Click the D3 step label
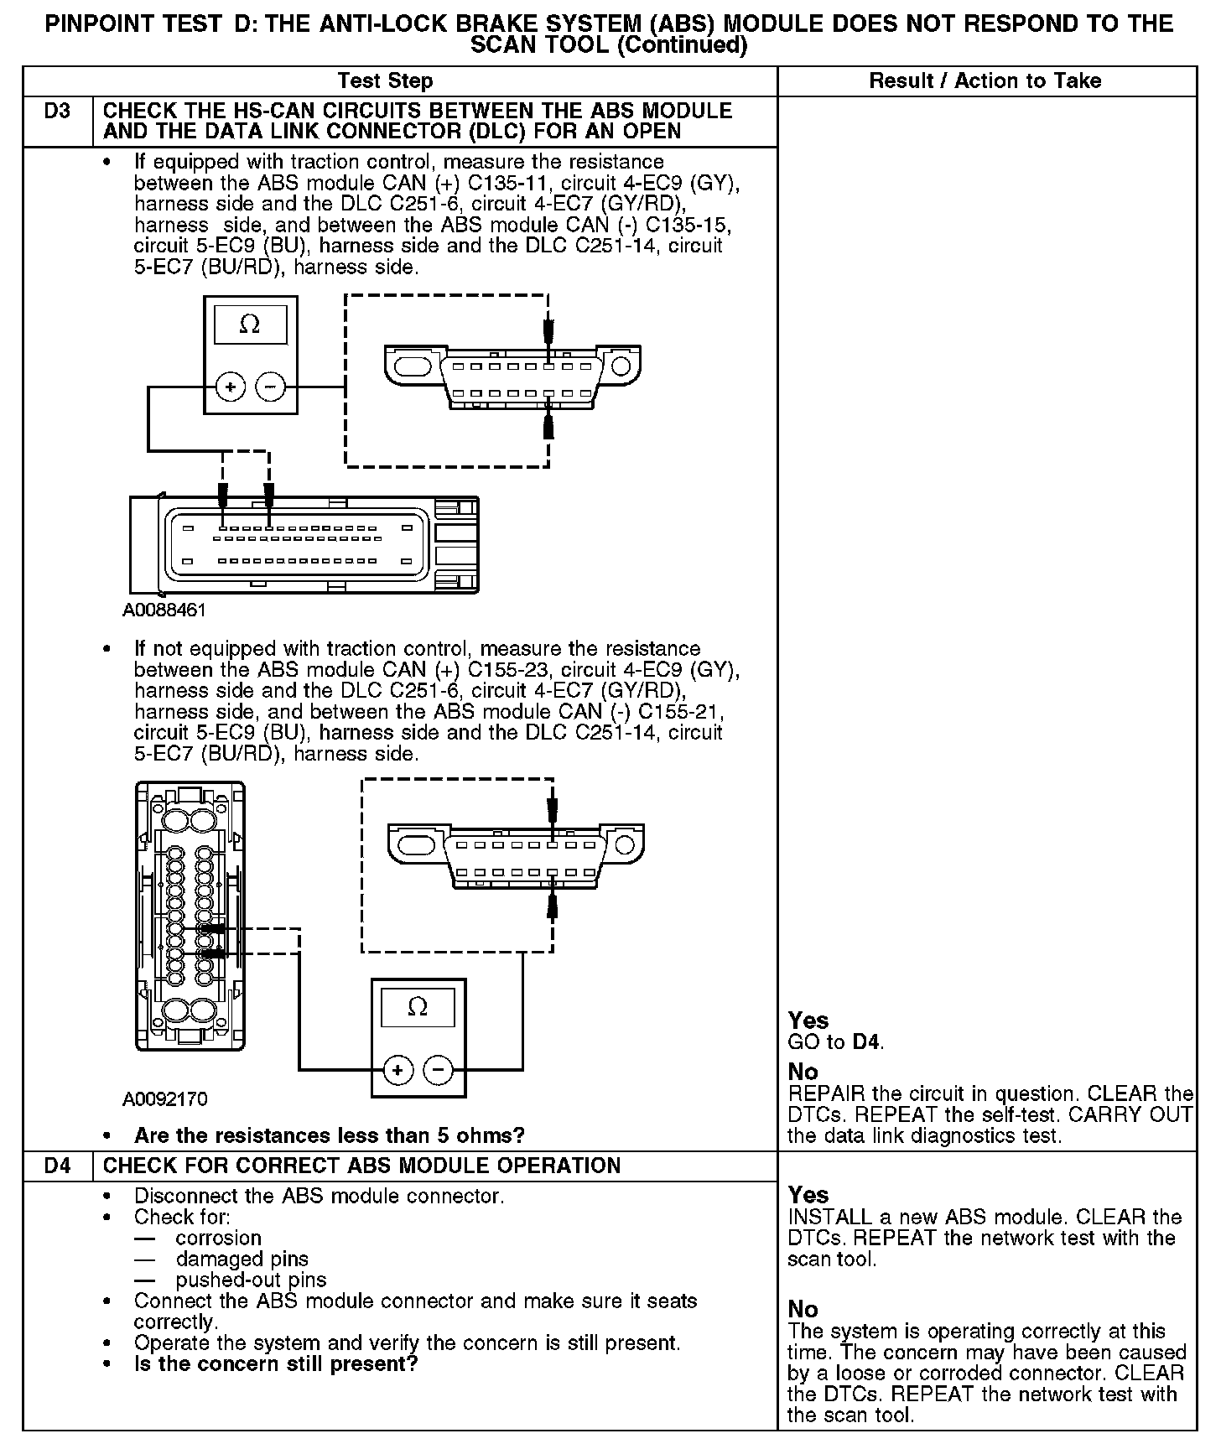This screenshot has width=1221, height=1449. point(57,112)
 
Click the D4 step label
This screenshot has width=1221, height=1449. point(57,1166)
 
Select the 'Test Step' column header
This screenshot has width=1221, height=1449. point(385,81)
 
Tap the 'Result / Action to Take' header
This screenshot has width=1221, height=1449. point(985,81)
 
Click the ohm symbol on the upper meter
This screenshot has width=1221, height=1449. point(250,325)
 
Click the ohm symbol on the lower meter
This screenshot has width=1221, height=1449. point(417,1006)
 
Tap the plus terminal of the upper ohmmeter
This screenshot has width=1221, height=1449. point(231,387)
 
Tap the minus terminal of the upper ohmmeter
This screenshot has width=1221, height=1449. point(270,387)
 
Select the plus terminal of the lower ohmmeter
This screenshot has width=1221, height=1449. point(397,1070)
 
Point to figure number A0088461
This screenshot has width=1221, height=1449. point(164,610)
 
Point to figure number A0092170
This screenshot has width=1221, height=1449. point(165,1098)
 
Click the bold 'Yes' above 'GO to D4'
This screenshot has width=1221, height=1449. point(808,1021)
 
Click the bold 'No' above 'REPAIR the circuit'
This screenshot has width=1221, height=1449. point(803,1072)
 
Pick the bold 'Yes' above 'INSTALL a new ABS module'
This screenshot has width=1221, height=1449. point(808,1195)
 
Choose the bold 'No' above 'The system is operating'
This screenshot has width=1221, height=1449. point(803,1309)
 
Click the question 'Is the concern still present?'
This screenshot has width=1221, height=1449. point(276,1363)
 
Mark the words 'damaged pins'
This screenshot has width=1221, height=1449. point(242,1259)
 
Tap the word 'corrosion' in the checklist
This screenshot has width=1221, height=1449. point(218,1238)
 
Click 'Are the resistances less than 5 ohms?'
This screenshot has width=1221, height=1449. point(329,1135)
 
